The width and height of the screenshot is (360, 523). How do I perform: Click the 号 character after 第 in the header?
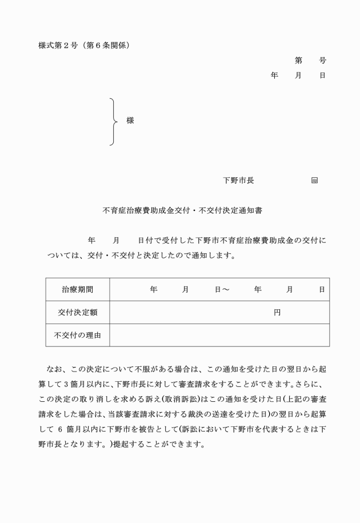322,60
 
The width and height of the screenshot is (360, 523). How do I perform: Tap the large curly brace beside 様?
114,121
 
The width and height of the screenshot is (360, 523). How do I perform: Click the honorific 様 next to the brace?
130,121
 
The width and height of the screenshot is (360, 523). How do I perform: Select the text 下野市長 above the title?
238,180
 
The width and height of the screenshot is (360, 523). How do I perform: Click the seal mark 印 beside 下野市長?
314,181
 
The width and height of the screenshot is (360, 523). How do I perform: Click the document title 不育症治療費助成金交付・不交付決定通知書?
182,210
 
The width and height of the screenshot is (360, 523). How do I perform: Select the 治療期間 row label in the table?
78,290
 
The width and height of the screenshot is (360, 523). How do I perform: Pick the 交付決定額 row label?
78,313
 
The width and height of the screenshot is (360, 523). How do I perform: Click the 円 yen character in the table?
277,313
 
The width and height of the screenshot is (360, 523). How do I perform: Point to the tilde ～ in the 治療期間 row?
226,290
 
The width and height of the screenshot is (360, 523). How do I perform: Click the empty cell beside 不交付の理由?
219,336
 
